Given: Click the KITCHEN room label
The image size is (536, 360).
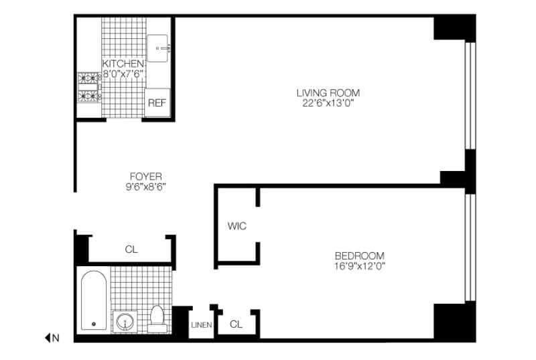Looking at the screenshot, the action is (123, 64).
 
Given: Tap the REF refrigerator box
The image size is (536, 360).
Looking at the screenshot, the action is (157, 103).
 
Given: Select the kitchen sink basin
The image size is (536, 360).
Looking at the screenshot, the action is (157, 48).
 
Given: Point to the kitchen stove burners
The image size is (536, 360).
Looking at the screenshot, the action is (89, 87).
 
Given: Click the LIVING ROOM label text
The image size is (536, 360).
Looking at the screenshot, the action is (328, 93).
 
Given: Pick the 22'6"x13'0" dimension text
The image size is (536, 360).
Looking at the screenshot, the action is (328, 103).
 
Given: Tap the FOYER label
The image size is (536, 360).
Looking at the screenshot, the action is (146, 176).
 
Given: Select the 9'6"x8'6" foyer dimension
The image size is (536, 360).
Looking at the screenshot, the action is (146, 186).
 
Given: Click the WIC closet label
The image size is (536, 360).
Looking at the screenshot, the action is (237, 226).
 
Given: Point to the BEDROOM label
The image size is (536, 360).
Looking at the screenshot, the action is (360, 255).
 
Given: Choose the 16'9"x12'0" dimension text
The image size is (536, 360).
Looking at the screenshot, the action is (360, 266).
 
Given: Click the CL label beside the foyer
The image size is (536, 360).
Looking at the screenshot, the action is (131, 249).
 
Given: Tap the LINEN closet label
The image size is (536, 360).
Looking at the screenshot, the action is (202, 324).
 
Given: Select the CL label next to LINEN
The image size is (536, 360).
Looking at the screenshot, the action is (237, 324).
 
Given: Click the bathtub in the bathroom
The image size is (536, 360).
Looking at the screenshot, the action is (94, 300).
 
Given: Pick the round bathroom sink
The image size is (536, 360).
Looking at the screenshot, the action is (125, 321).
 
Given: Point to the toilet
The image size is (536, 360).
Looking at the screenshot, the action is (157, 319).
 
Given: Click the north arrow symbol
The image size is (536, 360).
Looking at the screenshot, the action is (48, 338).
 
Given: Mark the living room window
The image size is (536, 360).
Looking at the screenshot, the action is (470, 95).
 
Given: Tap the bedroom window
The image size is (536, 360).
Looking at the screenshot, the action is (470, 248).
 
